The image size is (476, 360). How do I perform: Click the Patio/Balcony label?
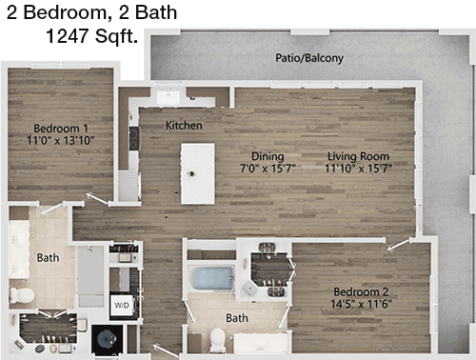309,58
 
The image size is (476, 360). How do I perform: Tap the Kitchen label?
184,126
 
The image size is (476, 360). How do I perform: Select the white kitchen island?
198,173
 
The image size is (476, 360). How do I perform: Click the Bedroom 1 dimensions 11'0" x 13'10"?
61,140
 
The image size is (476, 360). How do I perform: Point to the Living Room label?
358,156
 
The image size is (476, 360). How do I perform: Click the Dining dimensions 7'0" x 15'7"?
268,169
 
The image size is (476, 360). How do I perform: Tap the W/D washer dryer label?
122,306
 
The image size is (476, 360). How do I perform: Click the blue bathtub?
212,278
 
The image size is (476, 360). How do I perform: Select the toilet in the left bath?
22,295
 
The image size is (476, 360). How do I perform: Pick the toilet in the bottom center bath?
218,340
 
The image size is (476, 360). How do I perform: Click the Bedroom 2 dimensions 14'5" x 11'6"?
361,304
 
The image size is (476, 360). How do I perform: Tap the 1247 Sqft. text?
92,36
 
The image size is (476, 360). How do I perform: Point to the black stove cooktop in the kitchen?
134,138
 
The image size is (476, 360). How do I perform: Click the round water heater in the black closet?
107,339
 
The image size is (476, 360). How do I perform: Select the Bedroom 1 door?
98,199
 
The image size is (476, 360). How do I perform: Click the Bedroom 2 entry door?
400,245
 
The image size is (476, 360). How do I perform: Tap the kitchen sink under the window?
169,95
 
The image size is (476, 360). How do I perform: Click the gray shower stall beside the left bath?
90,276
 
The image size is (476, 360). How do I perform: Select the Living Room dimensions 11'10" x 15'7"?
358,169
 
